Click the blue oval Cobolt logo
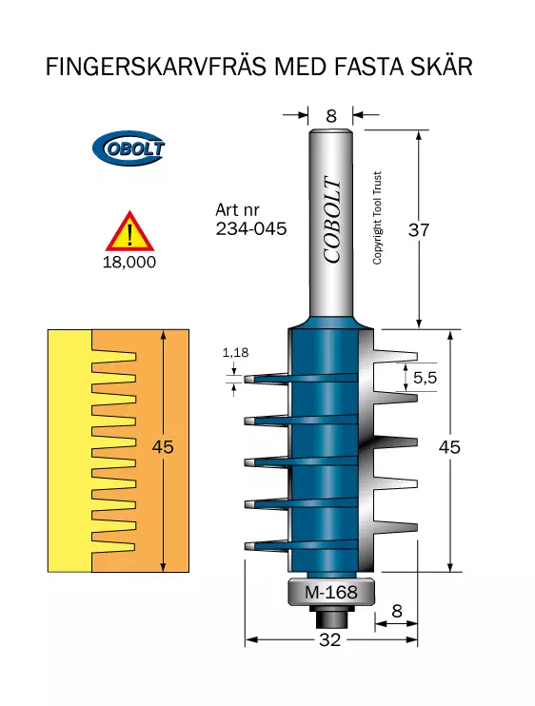tap(129, 148)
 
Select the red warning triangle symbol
tap(129, 231)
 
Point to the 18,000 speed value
tap(129, 262)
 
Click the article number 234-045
tap(250, 228)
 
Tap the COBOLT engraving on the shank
tap(332, 219)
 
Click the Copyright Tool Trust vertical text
tap(377, 218)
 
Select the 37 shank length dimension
tap(418, 230)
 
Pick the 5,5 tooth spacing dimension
tap(426, 378)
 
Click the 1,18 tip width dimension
tap(235, 352)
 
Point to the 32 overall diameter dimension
tap(329, 639)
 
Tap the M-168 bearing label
tap(331, 592)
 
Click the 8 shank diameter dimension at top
tap(331, 116)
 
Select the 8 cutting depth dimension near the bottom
tap(396, 611)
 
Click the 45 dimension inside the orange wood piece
tap(163, 446)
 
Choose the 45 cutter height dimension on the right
tap(449, 447)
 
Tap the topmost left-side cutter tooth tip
tap(247, 379)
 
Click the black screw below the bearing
tap(332, 618)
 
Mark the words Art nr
tap(237, 210)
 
